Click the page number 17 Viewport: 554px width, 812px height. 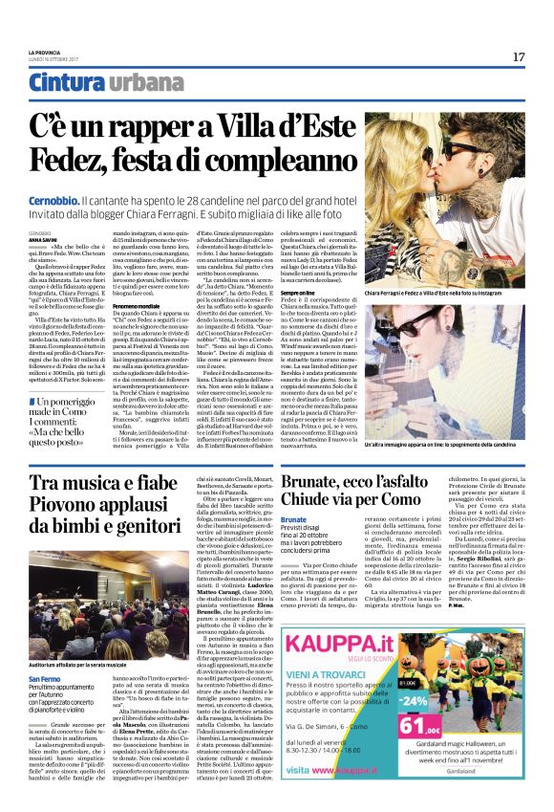click(518, 56)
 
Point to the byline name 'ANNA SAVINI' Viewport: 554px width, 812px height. click(43, 239)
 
